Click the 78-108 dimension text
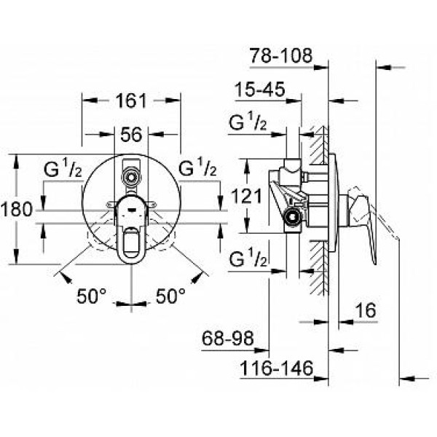[x=280, y=55]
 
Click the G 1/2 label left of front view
[x=62, y=168]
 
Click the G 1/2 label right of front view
[x=197, y=168]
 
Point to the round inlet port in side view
[x=293, y=216]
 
